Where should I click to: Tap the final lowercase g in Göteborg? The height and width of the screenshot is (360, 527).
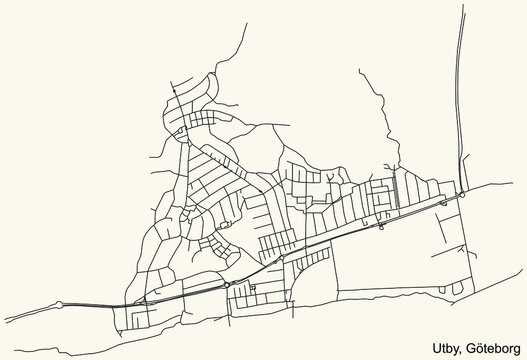tap(514, 345)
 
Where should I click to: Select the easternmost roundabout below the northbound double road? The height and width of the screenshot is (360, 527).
tap(461, 196)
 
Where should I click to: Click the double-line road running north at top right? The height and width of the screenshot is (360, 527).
tap(460, 100)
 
